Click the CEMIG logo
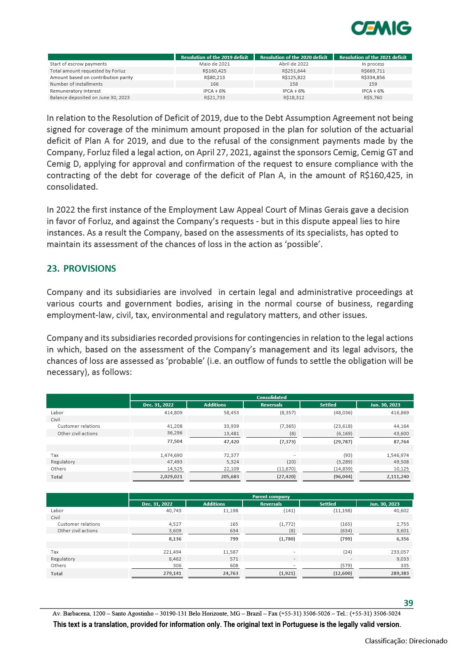point(381,28)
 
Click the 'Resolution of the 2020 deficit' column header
point(293,57)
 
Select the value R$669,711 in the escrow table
point(373,71)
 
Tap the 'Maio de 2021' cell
point(214,64)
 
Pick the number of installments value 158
point(293,84)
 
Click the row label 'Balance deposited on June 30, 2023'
point(89,98)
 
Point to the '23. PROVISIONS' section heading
point(81,269)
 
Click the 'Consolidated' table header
point(271,397)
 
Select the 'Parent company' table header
point(271,497)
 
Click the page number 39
point(408,603)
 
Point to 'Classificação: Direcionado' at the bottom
point(406,641)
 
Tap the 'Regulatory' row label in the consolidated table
point(63,462)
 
